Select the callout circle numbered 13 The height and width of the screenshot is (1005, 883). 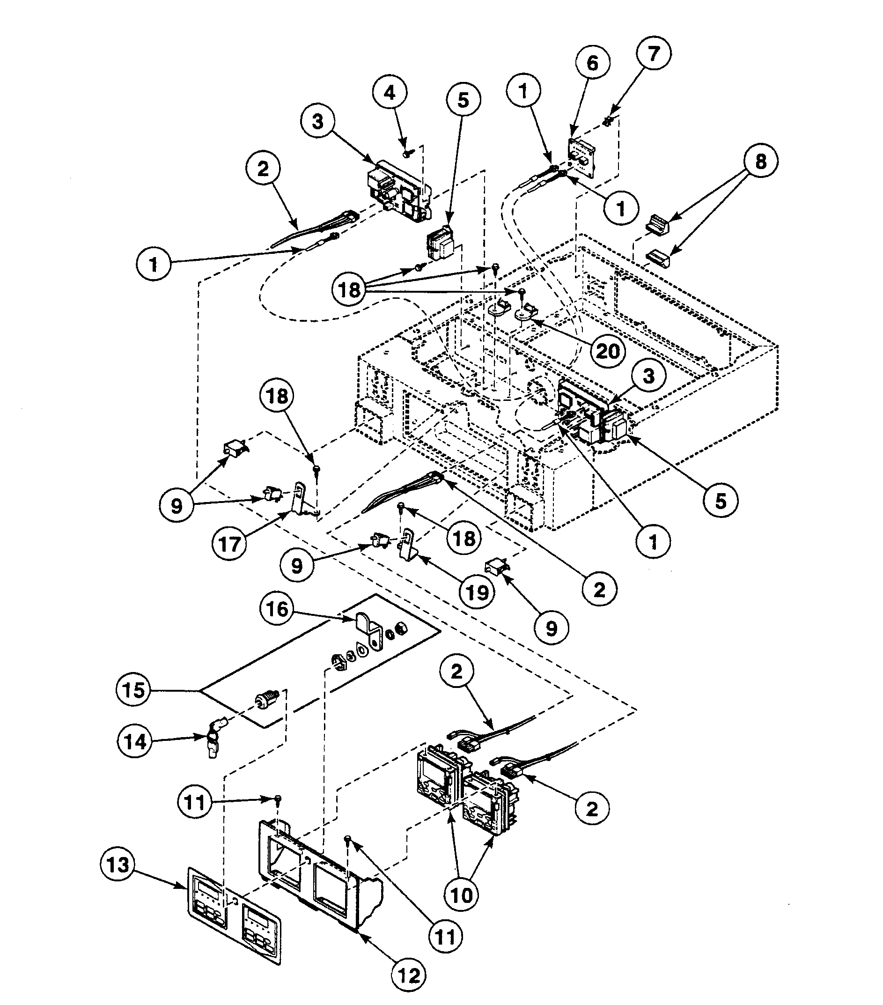point(118,864)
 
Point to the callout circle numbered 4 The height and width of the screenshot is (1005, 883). point(390,92)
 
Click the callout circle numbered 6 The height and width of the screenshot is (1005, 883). point(592,63)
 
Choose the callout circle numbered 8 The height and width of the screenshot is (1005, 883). point(760,161)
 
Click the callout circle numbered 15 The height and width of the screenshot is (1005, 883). point(134,690)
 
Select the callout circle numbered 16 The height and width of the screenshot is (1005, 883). point(277,609)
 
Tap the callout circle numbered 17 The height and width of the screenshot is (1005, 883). point(229,544)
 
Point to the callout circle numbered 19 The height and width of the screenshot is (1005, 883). point(477,592)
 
